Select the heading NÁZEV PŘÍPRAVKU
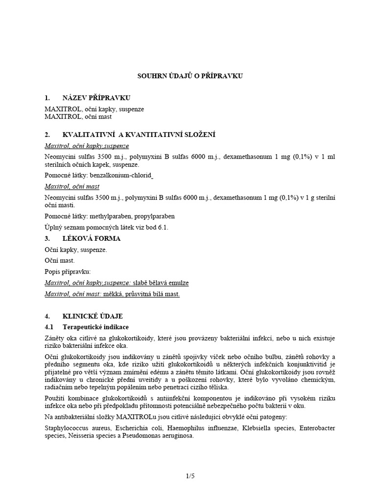[96, 98]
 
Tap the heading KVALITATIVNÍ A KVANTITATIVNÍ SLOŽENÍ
[139, 135]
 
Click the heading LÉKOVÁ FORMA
[92, 239]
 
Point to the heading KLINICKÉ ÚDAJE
[93, 316]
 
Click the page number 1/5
[188, 475]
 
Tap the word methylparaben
[105, 216]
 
